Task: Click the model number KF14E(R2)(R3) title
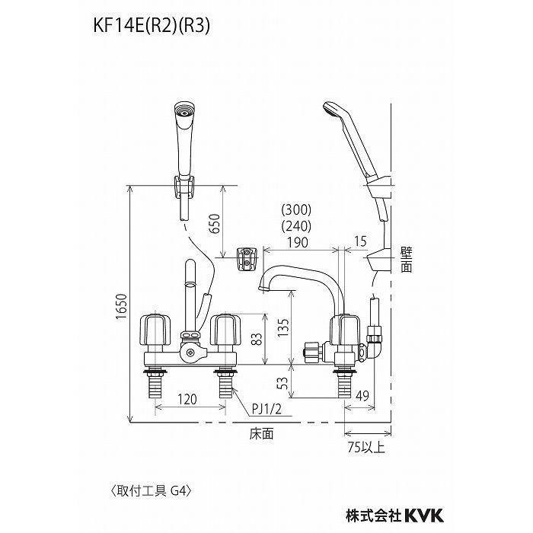pyautogui.click(x=149, y=25)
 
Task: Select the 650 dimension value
pyautogui.click(x=214, y=222)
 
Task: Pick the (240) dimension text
pyautogui.click(x=296, y=225)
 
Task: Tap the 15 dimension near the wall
pyautogui.click(x=360, y=242)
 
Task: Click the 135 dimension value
pyautogui.click(x=282, y=327)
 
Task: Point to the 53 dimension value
pyautogui.click(x=282, y=381)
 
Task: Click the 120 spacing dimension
pyautogui.click(x=190, y=398)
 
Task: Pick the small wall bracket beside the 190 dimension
pyautogui.click(x=246, y=257)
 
